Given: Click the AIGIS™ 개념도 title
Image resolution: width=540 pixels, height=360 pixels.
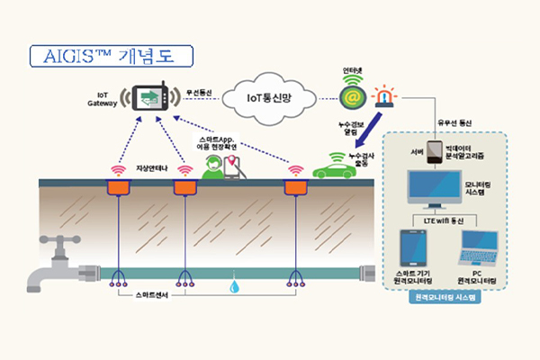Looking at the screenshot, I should point(112,54).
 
